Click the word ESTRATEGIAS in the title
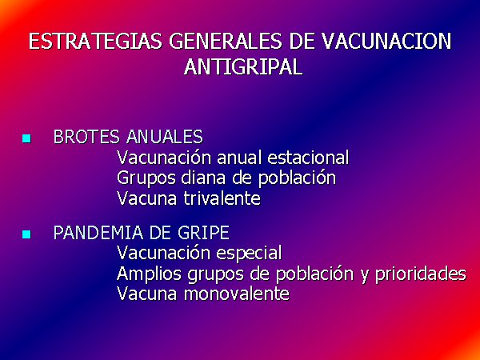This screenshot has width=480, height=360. point(95,42)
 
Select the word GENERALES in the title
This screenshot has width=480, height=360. point(226,42)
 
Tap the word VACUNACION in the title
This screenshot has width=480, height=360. point(387,42)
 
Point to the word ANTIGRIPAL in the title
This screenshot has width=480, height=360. point(243,66)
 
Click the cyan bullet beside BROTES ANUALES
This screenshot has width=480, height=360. point(26,138)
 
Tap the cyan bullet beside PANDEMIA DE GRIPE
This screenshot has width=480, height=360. point(26,234)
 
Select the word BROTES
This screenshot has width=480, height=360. point(86,137)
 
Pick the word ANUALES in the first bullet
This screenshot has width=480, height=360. point(164,137)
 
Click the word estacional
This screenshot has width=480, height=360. point(308,158)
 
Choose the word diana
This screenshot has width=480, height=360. point(204,178)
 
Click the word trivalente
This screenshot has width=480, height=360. point(222,198)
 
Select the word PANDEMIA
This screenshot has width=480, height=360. point(98,233)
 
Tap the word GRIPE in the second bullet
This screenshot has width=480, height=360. point(203,233)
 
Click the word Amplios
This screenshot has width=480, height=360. point(149,274)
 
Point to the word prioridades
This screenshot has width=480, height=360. point(421,274)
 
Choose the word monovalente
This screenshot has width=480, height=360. point(237,294)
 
